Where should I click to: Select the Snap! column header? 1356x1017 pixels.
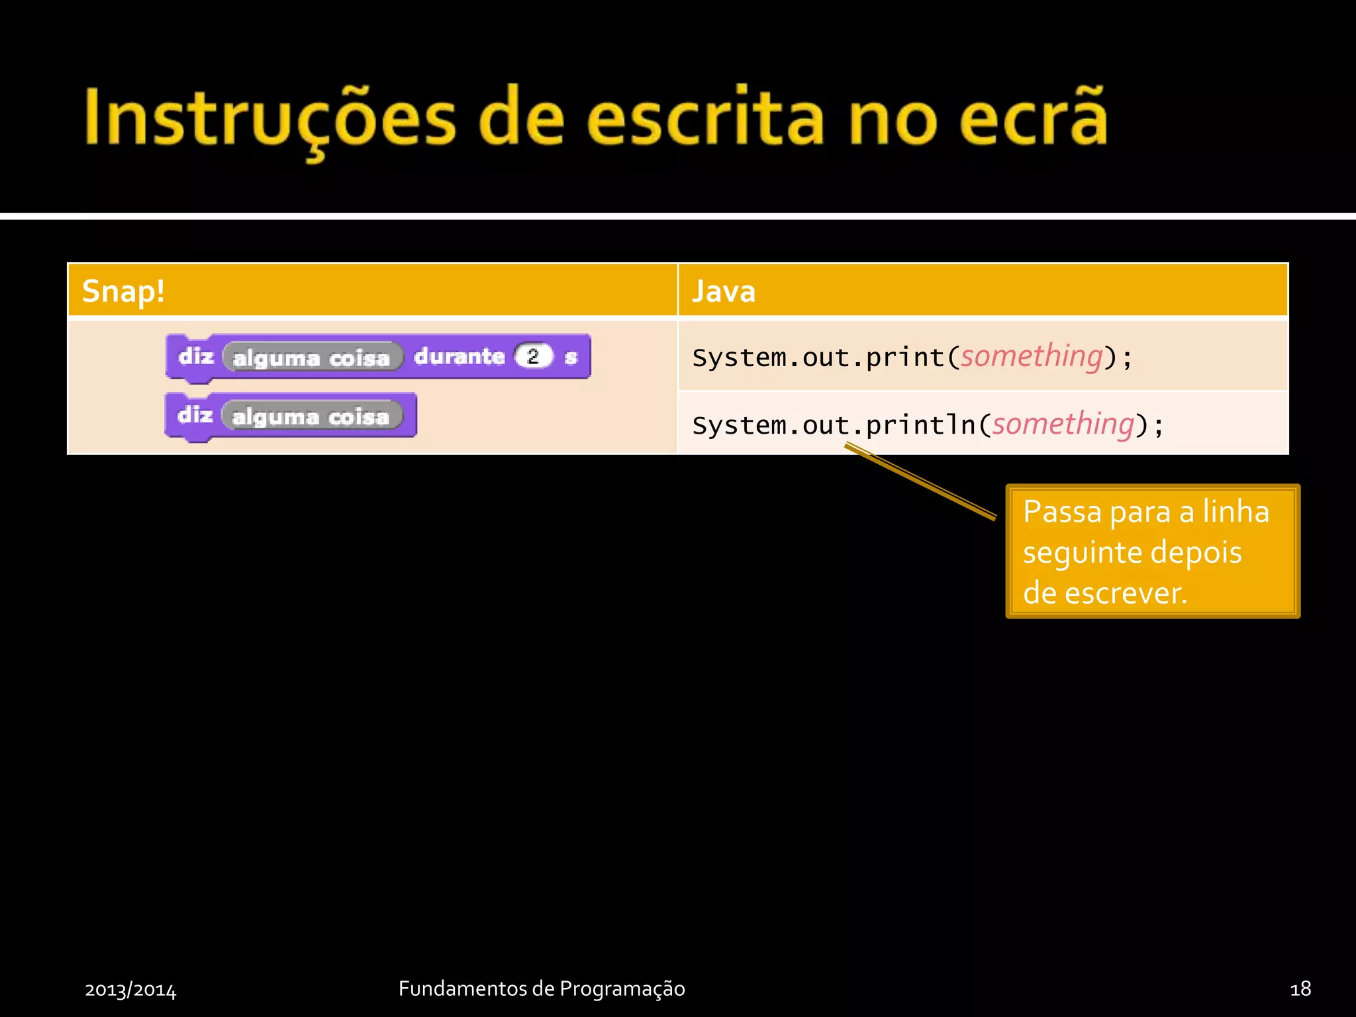(x=123, y=291)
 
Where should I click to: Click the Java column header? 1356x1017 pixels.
(x=723, y=291)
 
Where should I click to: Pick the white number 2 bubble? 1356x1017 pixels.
(x=533, y=356)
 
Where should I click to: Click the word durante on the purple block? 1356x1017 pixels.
(x=459, y=356)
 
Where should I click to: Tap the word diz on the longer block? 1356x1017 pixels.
(x=196, y=356)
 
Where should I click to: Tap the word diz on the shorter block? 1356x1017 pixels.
(x=195, y=415)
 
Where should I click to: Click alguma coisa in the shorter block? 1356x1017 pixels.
(x=311, y=416)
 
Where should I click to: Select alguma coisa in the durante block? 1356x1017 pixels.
(x=312, y=358)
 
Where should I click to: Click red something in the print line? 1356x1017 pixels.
(x=1031, y=356)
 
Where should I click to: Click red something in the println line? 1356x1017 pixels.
(x=1063, y=424)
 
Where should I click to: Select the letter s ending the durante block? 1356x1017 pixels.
(x=570, y=358)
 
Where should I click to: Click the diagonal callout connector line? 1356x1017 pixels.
(x=920, y=481)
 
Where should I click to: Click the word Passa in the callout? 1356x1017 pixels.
(x=1061, y=512)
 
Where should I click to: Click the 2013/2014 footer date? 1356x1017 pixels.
(x=130, y=989)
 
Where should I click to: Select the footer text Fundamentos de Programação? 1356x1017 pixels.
(x=542, y=989)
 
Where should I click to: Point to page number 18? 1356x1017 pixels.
(x=1300, y=989)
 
